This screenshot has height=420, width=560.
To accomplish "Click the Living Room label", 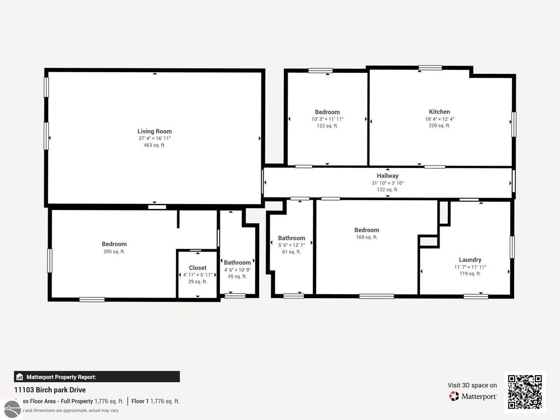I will coord(154,131).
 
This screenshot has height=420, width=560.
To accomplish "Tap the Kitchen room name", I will coord(439,112).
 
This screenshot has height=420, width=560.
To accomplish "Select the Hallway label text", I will coord(387,176).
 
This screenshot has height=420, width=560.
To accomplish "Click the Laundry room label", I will coord(470,260).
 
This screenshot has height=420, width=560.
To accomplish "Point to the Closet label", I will coord(197,268).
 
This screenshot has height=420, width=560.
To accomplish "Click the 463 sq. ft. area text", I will coord(154,145).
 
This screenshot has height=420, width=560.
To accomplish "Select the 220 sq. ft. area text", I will coord(439,126).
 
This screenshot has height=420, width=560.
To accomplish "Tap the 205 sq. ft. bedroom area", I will coord(114,252).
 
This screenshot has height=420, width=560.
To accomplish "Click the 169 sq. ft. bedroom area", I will coord(366,237).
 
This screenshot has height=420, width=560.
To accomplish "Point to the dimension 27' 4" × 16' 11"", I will coord(154,138).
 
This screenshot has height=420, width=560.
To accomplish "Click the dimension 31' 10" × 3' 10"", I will coord(387,183).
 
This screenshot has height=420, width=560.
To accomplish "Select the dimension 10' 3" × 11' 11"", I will coord(327,119).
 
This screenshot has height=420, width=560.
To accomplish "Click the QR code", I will coord(524,392).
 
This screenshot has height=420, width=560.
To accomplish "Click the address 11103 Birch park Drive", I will coord(50,390).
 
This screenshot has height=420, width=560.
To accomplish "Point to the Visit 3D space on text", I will coord(472,386).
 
